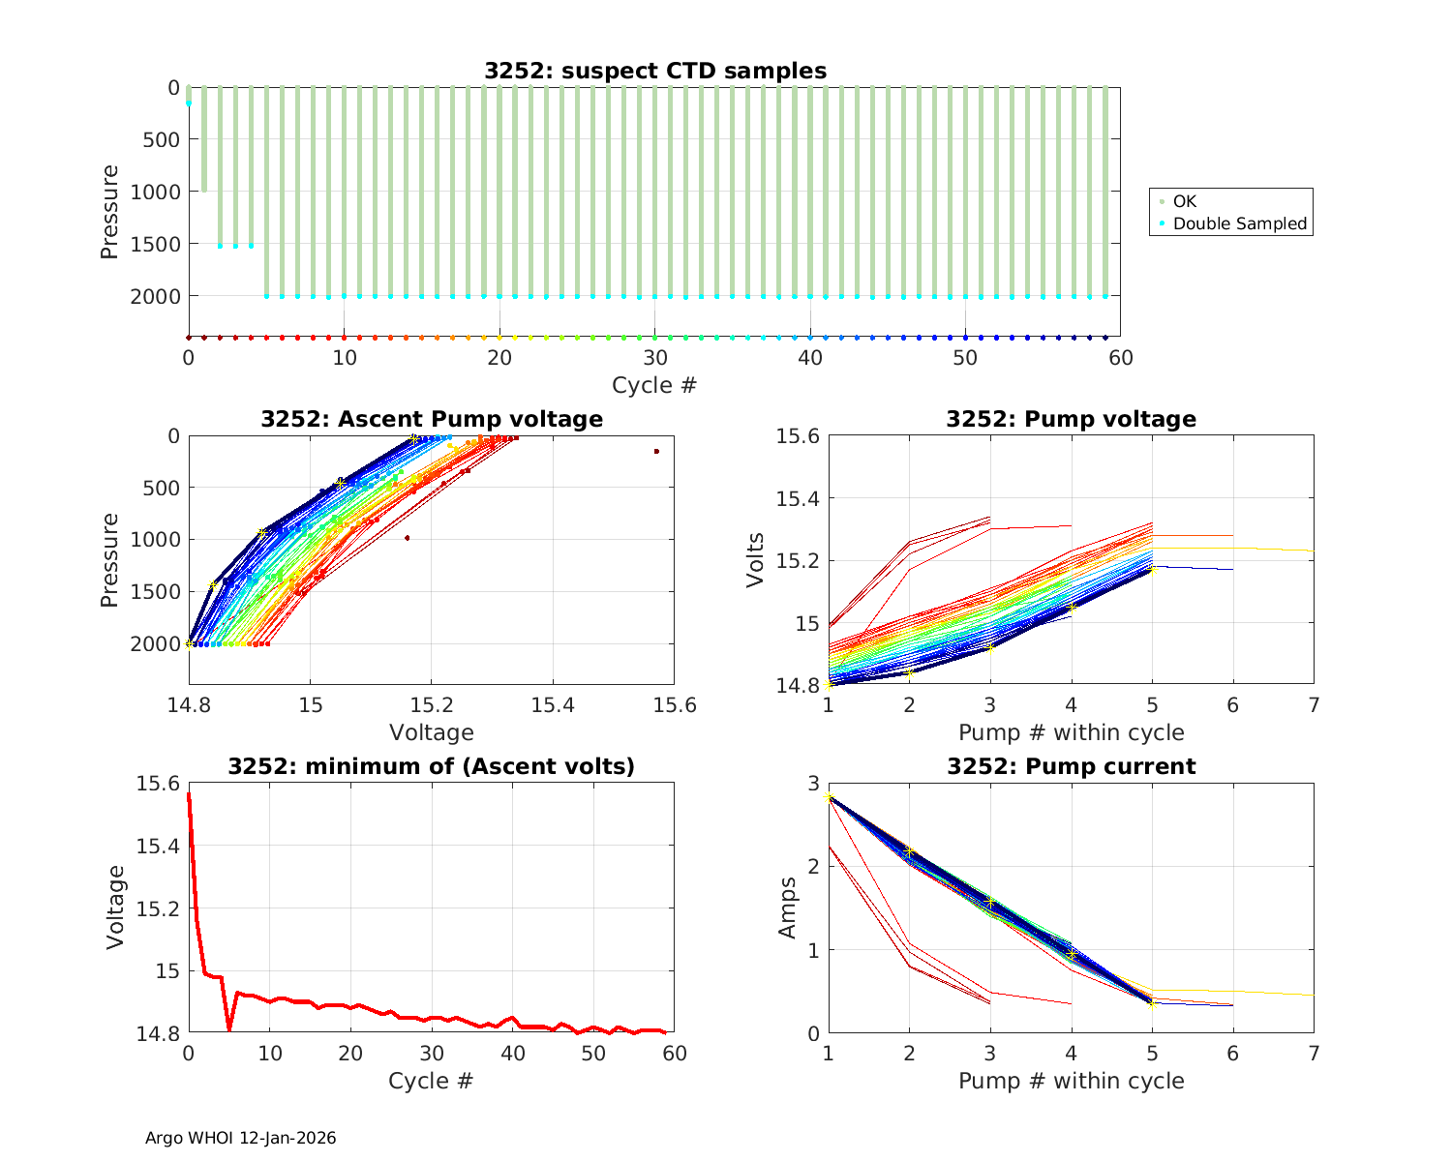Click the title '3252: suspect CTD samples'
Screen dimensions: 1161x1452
(655, 71)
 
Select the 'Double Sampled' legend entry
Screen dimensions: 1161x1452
(1240, 223)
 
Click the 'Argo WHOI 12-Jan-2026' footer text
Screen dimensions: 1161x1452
(240, 1138)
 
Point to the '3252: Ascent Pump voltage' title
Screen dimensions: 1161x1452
(432, 419)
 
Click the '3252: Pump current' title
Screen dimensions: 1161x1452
(1071, 766)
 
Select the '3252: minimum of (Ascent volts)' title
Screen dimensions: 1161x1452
(432, 766)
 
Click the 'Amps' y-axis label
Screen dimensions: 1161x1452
(788, 908)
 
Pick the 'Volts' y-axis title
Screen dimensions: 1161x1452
(756, 560)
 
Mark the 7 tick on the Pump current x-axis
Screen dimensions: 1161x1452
(1314, 1053)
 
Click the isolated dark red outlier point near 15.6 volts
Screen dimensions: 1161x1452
(656, 451)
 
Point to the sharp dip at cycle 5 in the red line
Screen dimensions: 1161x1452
(229, 1029)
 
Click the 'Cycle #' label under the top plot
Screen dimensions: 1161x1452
(654, 385)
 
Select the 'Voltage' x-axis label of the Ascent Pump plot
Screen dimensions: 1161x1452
(432, 732)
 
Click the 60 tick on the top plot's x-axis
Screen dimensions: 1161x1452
(1120, 358)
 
